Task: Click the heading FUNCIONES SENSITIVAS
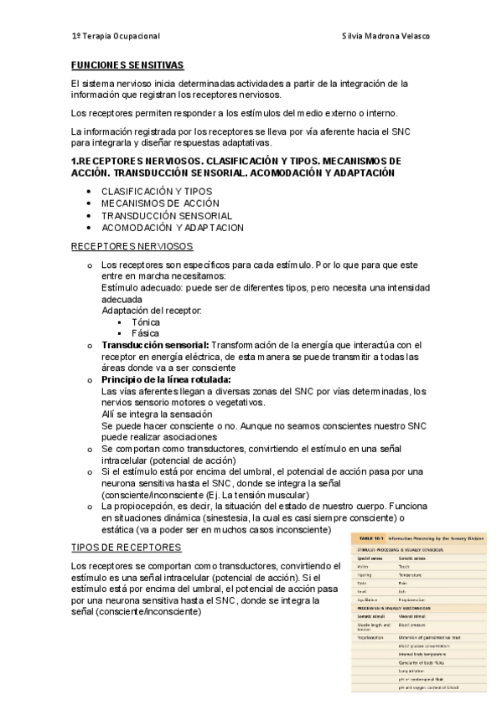coord(127,64)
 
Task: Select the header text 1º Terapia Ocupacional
coord(115,37)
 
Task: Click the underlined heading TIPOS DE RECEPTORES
coord(127,547)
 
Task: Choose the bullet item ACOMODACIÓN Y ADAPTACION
coord(173,227)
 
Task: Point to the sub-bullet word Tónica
coord(147,322)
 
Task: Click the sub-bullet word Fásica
coord(146,332)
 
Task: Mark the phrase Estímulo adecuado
coord(137,287)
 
